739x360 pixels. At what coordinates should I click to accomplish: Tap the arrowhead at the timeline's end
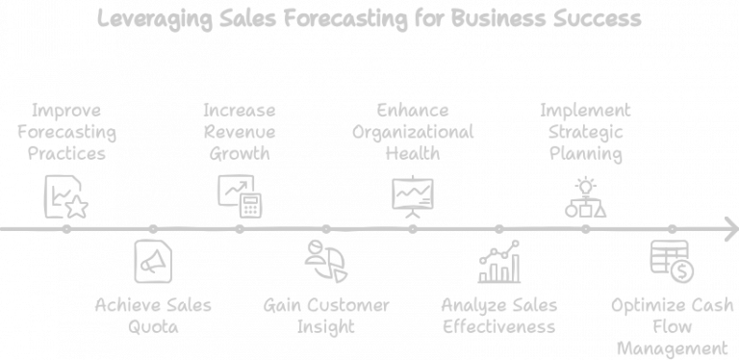(x=728, y=229)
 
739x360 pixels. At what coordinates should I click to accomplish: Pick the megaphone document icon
(x=152, y=260)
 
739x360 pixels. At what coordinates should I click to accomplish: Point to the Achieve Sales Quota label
(x=153, y=316)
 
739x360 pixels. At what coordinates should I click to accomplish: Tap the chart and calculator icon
(x=240, y=194)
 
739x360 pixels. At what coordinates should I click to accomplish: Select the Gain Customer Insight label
(x=326, y=316)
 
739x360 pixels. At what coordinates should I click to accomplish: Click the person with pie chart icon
(x=325, y=260)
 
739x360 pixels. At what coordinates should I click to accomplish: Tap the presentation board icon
(x=413, y=193)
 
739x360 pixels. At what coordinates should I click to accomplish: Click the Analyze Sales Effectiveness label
(x=498, y=316)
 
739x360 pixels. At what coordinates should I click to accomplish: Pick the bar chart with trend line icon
(x=499, y=262)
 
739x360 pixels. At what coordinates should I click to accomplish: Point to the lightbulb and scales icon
(x=585, y=197)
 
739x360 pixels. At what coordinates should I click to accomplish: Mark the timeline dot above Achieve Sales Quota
(x=152, y=229)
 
